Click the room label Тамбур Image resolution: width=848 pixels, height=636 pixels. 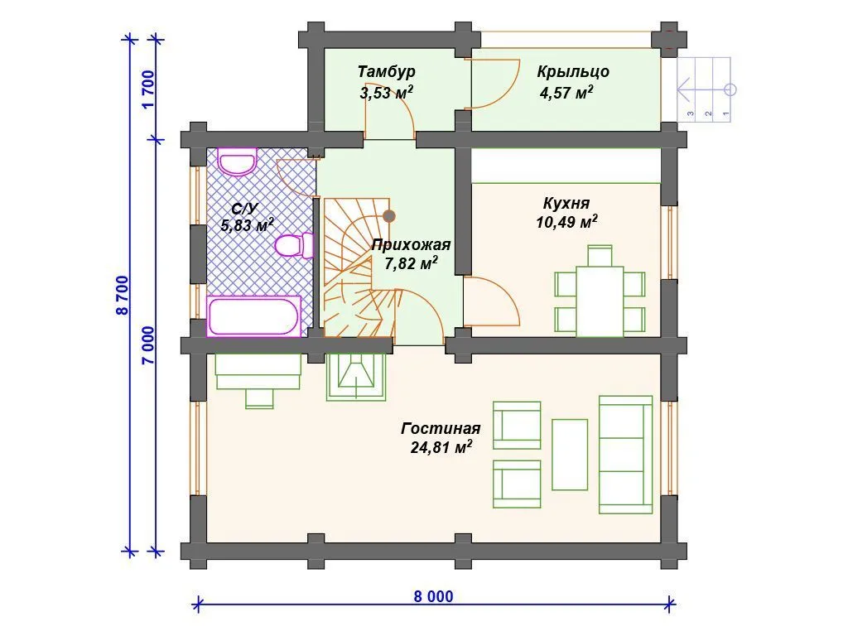386,71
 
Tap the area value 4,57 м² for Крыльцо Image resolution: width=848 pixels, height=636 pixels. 566,93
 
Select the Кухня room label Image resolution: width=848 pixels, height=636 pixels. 566,204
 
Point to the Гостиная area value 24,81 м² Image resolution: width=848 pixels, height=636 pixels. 441,447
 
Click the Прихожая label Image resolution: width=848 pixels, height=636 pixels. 411,245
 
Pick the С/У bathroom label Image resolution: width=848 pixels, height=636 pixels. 245,209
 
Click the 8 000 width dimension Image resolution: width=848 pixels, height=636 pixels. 433,596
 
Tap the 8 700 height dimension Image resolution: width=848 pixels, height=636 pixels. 123,296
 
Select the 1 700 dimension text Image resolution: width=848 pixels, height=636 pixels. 149,89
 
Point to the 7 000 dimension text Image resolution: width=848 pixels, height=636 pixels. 149,345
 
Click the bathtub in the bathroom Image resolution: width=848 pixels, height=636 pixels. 254,316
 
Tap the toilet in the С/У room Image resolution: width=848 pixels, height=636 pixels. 294,245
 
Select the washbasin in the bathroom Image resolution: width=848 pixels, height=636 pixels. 237,161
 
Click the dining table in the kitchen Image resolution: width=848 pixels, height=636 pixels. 600,301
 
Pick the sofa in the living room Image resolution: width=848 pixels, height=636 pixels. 626,455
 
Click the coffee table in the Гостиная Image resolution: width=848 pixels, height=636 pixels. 570,455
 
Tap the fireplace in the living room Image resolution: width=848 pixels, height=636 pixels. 356,377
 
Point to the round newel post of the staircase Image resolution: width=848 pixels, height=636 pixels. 389,216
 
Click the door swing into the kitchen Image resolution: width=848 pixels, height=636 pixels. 492,301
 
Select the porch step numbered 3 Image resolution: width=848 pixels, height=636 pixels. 691,89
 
